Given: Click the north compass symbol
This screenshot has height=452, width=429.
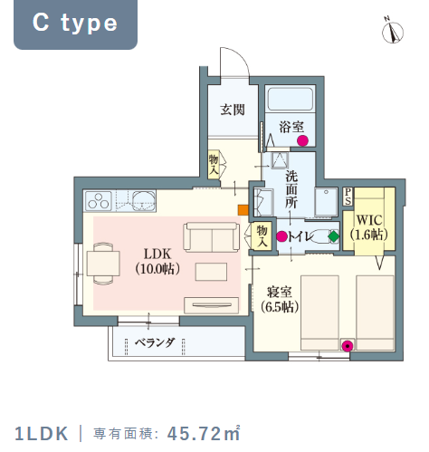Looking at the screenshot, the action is coord(393,31).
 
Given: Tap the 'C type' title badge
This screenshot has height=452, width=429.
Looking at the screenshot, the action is coord(75,24).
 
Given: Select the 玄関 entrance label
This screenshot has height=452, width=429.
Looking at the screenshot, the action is coord(233,110).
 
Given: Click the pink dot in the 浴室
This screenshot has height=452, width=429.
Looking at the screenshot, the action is coord(302,140).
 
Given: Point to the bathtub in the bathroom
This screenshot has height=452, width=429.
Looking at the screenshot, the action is coord(291,99).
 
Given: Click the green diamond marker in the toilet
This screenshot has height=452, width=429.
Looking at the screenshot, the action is coord(333,236).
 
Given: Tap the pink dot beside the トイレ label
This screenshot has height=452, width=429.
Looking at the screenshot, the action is coord(282,236).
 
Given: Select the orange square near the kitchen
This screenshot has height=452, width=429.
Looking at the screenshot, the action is coord(243,210).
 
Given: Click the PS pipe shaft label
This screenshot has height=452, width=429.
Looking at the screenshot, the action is coord(348,197).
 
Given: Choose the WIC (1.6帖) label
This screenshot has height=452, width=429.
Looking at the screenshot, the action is coord(368,227).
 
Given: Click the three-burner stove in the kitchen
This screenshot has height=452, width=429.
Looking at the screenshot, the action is coord(99,201).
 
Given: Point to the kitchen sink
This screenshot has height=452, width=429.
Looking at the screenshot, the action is coord(144,200).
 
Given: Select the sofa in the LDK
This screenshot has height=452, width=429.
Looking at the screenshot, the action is coord(212,237).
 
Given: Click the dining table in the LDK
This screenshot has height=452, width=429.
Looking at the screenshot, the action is coord(103,264).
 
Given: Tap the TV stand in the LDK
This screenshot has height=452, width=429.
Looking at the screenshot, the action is coord(212,305).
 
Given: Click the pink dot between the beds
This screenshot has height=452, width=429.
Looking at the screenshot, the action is coord(348,346).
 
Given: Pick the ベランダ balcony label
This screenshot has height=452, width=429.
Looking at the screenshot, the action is coord(155,342).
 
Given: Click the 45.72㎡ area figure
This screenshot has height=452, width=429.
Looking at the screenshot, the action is coord(204,433).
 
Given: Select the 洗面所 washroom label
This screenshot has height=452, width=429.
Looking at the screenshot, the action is coord(291,189).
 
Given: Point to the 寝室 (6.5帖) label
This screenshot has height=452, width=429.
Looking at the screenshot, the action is coord(280,300).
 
